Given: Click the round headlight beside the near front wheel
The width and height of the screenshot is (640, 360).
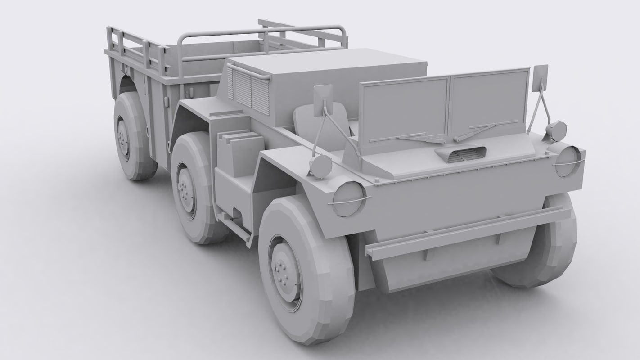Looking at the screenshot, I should [x=349, y=198].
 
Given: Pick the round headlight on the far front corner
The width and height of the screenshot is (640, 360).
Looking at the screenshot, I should [x=568, y=161].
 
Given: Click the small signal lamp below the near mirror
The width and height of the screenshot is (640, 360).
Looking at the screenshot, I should [x=320, y=166].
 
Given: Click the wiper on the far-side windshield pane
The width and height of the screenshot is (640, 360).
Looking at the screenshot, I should [x=481, y=130].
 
